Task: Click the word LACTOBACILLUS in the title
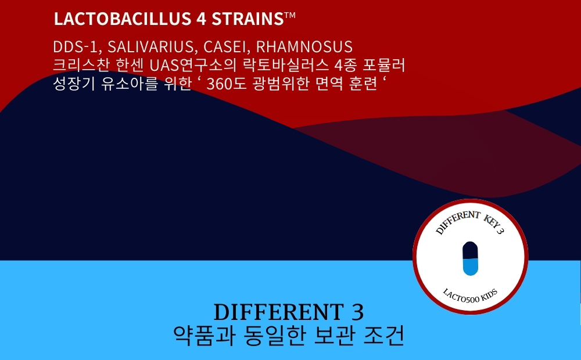[122, 19]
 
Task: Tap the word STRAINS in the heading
[248, 19]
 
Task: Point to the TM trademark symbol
[290, 15]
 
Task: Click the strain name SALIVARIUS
[150, 47]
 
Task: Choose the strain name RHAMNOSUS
[304, 47]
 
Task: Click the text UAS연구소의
[193, 65]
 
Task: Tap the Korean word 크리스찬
[81, 65]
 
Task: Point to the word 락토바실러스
[285, 65]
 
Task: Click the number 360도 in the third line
[226, 84]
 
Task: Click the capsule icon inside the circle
[470, 258]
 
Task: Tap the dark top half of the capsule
[470, 250]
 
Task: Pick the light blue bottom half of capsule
[470, 267]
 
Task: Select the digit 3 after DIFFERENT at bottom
[357, 312]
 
